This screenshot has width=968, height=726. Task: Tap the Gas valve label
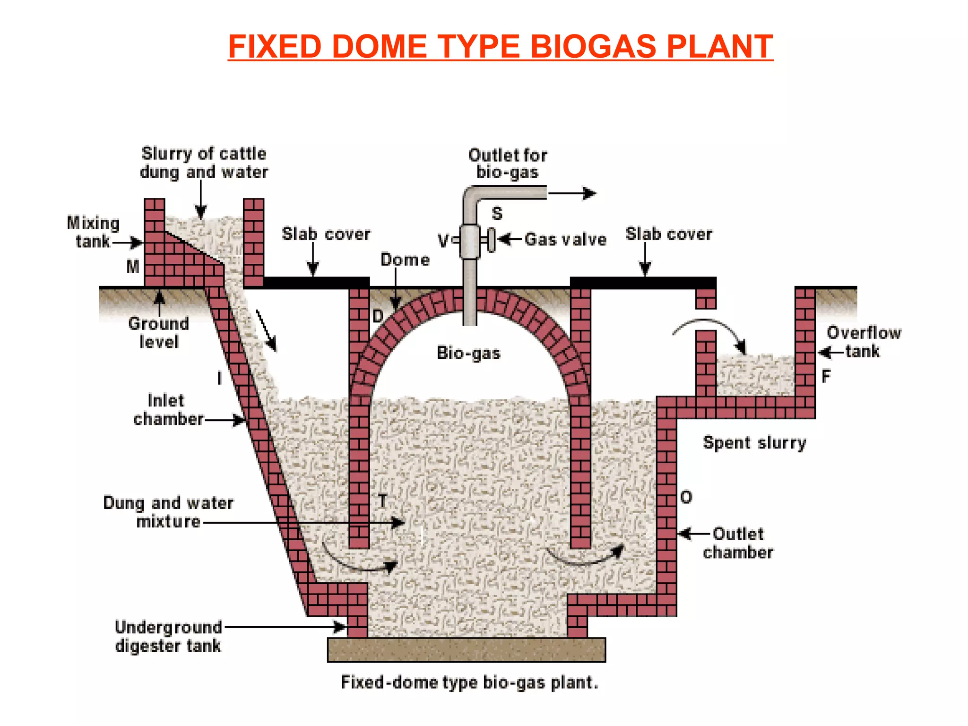click(565, 240)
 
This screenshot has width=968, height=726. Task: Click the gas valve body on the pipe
click(470, 241)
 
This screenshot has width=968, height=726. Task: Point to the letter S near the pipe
click(497, 214)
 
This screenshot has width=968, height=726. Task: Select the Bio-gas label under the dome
click(468, 353)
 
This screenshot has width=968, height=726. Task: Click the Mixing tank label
click(93, 232)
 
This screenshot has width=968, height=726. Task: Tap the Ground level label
click(158, 333)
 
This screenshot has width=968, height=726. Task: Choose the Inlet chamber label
click(168, 410)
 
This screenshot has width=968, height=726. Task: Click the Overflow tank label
click(863, 342)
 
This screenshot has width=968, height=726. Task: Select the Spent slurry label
click(754, 443)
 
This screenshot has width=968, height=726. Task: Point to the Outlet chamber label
click(738, 543)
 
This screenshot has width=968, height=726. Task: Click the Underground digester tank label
click(168, 636)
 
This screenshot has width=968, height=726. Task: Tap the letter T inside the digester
click(382, 501)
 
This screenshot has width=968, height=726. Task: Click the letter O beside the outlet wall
click(686, 497)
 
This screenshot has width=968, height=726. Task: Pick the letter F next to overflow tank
click(826, 377)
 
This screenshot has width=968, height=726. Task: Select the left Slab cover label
click(326, 234)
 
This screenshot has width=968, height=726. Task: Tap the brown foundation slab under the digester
click(466, 650)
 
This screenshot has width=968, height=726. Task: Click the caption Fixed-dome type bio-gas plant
click(469, 683)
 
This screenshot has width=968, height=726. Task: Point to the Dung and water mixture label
click(168, 512)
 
